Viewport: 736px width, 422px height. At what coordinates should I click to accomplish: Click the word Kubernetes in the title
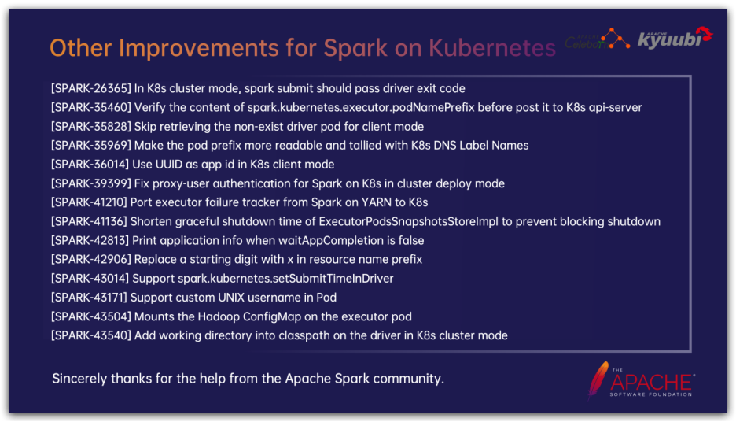pyautogui.click(x=492, y=47)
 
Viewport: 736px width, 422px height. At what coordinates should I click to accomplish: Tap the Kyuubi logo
pyautogui.click(x=675, y=38)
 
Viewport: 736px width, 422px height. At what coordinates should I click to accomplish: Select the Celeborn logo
pyautogui.click(x=597, y=39)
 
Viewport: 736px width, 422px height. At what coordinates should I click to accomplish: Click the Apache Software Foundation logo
pyautogui.click(x=642, y=380)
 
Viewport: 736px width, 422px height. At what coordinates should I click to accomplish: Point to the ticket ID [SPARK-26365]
pyautogui.click(x=91, y=88)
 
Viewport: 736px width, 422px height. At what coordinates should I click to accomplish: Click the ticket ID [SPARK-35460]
pyautogui.click(x=91, y=107)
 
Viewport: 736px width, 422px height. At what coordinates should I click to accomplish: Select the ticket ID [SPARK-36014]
pyautogui.click(x=90, y=165)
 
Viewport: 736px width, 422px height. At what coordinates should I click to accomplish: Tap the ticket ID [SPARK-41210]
pyautogui.click(x=89, y=202)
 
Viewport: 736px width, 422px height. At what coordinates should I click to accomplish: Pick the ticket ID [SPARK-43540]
pyautogui.click(x=91, y=335)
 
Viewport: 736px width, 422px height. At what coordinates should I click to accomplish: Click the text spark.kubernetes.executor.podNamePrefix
pyautogui.click(x=361, y=108)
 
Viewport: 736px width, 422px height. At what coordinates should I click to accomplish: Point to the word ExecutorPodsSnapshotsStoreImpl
pyautogui.click(x=408, y=221)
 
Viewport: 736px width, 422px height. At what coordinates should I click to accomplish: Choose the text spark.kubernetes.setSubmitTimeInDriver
pyautogui.click(x=285, y=279)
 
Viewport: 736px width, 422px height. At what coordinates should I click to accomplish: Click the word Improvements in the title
pyautogui.click(x=199, y=48)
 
